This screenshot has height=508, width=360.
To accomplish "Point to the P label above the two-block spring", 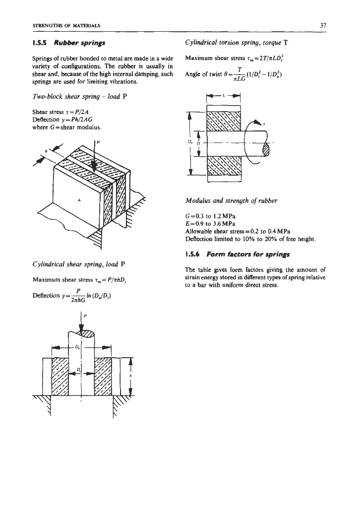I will click(x=98, y=142).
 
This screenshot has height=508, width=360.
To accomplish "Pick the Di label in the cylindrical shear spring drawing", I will click(x=79, y=370).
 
